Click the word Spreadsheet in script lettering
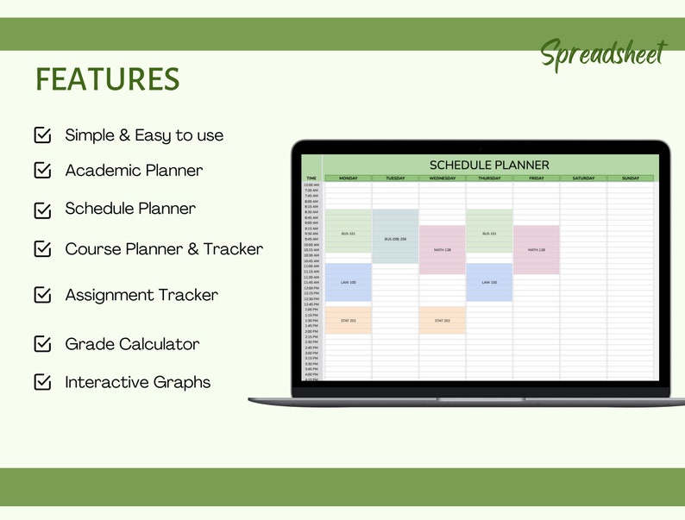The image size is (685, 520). [x=603, y=54]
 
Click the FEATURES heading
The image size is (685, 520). [x=108, y=79]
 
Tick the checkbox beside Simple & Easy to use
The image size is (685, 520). [x=42, y=135]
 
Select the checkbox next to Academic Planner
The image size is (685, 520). [x=42, y=170]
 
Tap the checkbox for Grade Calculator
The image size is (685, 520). [x=42, y=344]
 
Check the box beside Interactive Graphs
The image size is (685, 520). [x=42, y=382]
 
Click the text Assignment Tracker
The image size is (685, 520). [x=141, y=295]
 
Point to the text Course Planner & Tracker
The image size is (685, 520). [x=164, y=249]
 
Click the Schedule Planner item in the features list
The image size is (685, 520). [x=130, y=209]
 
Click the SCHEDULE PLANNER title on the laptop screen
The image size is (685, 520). [x=489, y=165]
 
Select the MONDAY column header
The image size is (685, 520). [x=348, y=179]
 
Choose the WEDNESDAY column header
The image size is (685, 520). [x=443, y=179]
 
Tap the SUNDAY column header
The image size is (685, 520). [x=631, y=179]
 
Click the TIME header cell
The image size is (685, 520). [x=311, y=179]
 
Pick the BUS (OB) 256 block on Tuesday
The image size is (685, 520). [x=395, y=238]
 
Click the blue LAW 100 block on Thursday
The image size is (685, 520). [x=489, y=282]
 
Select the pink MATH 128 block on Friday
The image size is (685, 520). [x=537, y=250]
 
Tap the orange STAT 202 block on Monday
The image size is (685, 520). [x=348, y=320]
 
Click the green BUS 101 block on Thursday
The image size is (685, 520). [x=489, y=233]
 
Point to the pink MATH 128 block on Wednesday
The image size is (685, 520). [x=442, y=250]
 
